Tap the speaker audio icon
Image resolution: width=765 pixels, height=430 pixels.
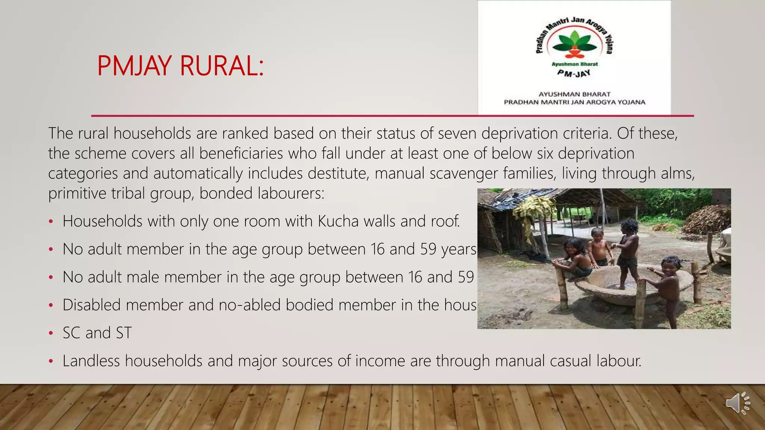coord(738,403)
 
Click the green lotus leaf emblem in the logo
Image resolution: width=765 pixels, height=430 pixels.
coord(574,44)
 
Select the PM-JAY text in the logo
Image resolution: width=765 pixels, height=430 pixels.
coord(574,73)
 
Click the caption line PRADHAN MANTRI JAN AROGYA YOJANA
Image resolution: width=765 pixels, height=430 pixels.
coord(574,102)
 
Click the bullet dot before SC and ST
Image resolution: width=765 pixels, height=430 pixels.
coord(51,333)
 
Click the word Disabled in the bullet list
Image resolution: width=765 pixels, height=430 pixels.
coord(92,305)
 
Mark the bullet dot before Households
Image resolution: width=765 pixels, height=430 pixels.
coord(51,222)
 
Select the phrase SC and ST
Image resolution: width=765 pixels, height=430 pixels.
coord(97,333)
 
